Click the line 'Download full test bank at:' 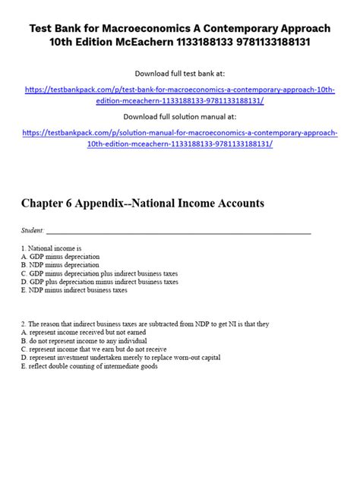point(180,74)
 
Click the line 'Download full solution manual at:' point(180,116)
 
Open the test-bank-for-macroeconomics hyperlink point(180,93)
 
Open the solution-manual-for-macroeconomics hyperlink point(180,137)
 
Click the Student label point(33,230)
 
